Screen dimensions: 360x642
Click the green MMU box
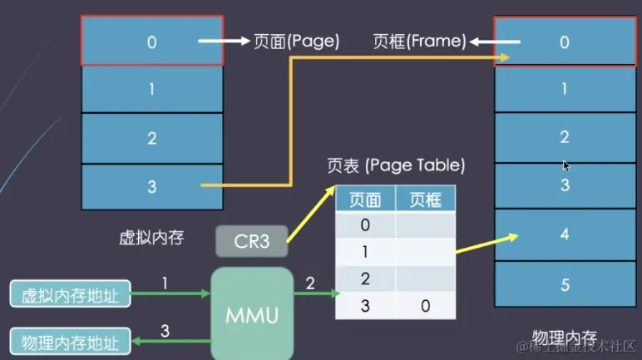click(254, 313)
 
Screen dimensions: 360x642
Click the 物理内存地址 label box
click(69, 341)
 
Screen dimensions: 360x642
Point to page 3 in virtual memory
click(151, 187)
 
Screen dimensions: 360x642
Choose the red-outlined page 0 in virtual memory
click(151, 41)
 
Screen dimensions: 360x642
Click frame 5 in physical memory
click(564, 284)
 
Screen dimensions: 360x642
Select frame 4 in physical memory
click(564, 234)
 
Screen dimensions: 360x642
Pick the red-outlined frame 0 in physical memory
click(564, 42)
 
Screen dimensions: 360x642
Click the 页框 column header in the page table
click(424, 200)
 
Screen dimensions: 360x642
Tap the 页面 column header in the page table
click(365, 200)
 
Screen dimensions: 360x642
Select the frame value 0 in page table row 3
click(424, 306)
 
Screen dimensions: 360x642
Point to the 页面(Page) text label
click(296, 42)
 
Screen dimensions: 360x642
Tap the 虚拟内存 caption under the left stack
click(151, 239)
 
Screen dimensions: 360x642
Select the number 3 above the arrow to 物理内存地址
click(165, 331)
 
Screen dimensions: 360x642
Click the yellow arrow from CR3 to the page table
click(312, 215)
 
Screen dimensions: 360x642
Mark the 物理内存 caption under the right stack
click(564, 338)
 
